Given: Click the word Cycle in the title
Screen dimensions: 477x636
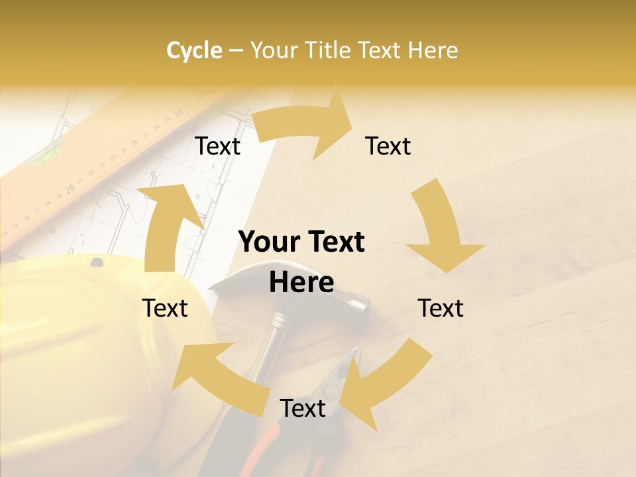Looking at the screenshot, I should click(x=194, y=50).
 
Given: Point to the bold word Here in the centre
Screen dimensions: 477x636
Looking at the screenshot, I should click(x=301, y=282).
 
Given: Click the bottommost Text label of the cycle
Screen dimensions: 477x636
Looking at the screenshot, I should click(x=303, y=408).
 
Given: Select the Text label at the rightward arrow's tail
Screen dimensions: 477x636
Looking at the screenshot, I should click(x=217, y=146).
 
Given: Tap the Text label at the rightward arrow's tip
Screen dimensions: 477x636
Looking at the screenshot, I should click(x=388, y=146).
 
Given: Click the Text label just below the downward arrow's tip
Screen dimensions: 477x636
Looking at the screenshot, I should click(x=441, y=308).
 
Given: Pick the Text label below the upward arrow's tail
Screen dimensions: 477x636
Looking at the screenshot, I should click(x=165, y=308).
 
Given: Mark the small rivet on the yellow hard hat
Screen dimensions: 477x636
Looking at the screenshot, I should click(x=97, y=262).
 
